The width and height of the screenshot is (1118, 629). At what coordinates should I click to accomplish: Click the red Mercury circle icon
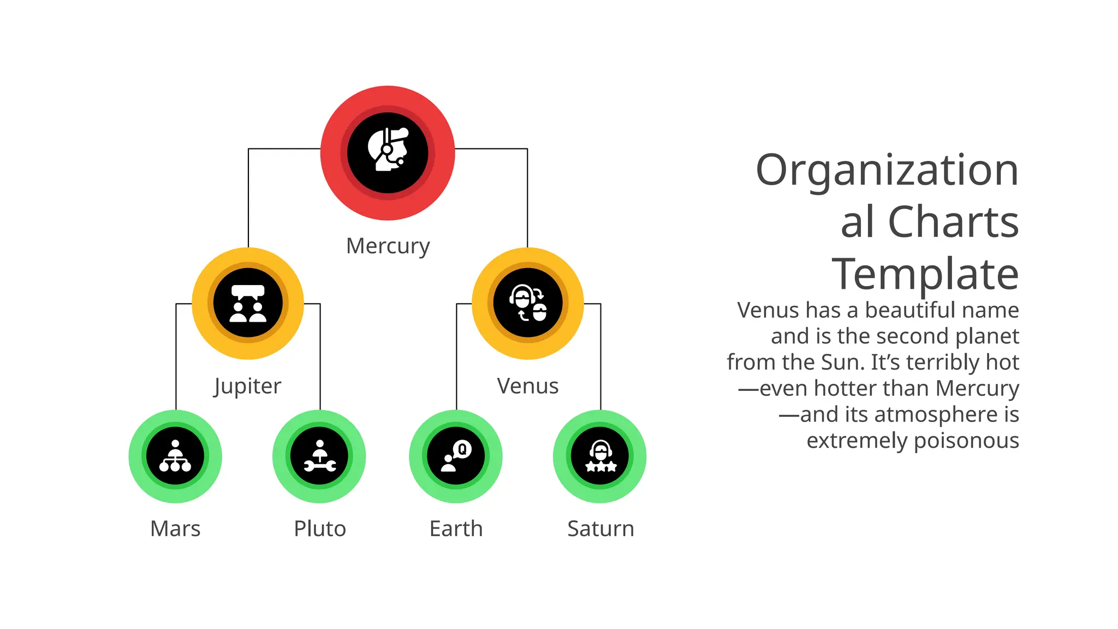388,153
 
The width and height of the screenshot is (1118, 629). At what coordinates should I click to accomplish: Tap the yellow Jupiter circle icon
248,304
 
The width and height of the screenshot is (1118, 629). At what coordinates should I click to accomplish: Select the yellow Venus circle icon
528,304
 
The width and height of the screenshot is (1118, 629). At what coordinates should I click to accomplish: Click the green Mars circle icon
175,456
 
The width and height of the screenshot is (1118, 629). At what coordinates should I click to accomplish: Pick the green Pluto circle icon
319,456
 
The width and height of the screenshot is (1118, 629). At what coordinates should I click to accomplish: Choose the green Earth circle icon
456,456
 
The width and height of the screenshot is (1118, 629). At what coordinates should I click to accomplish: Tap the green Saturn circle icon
600,456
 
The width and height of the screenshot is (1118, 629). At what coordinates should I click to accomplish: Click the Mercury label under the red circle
388,246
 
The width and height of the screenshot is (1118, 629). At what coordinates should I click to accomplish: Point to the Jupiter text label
247,387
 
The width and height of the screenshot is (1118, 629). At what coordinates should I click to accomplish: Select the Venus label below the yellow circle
528,386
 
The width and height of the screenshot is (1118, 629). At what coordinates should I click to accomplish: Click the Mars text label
175,529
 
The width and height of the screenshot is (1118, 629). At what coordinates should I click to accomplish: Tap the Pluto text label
320,529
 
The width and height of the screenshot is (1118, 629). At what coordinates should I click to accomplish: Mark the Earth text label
456,529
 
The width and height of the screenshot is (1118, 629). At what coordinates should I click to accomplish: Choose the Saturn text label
600,529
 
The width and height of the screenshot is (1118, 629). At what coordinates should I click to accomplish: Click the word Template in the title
925,274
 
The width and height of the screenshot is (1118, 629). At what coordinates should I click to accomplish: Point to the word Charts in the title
953,222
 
